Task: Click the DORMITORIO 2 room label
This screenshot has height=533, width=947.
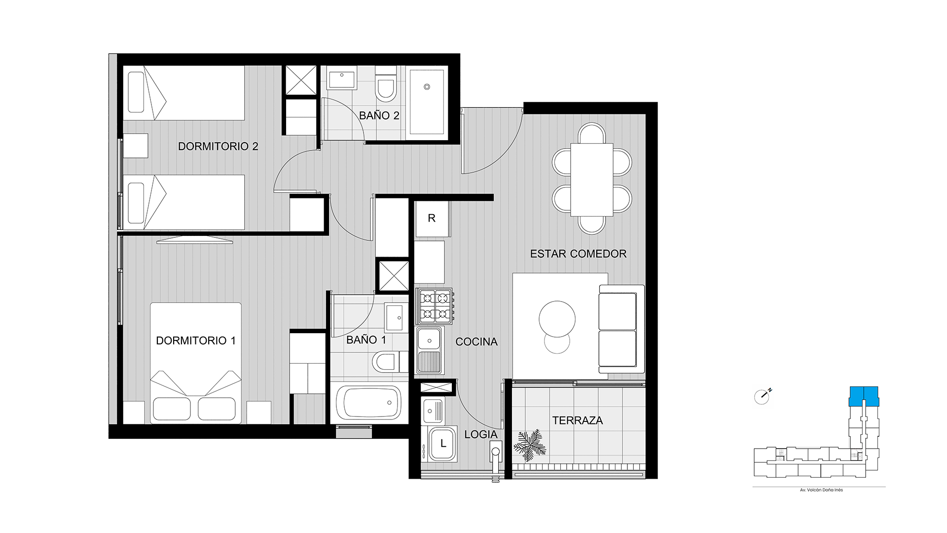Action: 218,147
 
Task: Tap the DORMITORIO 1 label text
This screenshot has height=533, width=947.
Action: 196,341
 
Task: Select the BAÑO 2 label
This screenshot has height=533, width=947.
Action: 379,116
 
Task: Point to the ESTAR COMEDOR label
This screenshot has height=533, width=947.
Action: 578,254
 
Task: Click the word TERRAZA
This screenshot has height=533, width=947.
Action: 578,420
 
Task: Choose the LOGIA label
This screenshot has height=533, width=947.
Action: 481,434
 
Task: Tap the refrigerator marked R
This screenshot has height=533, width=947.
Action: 432,219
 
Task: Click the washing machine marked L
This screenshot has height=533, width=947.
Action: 442,444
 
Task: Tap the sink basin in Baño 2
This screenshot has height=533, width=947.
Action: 341,80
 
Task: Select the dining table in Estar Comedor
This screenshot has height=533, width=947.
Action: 592,180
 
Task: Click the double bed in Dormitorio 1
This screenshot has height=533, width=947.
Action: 196,363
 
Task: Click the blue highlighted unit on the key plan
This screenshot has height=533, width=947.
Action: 864,396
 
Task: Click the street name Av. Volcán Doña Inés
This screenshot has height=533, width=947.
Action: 818,490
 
